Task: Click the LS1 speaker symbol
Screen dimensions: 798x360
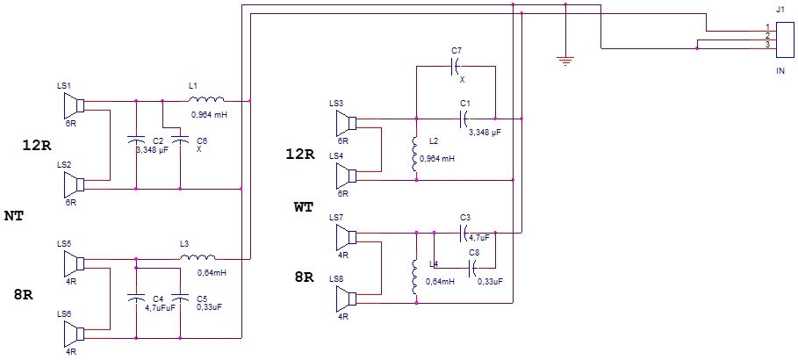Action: (x=74, y=106)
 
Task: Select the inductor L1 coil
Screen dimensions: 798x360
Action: (x=205, y=99)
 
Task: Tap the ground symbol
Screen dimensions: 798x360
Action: (x=564, y=61)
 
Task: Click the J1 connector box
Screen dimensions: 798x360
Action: (x=784, y=40)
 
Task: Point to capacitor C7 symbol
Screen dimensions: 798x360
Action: (x=456, y=66)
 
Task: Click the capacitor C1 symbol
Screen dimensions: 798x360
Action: (x=464, y=119)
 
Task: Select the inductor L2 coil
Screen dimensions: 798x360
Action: (x=416, y=154)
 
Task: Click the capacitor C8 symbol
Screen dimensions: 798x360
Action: (x=473, y=266)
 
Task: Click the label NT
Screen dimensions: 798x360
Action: (x=14, y=216)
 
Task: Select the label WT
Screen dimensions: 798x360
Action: (x=304, y=206)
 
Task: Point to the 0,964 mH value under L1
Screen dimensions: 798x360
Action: (x=209, y=115)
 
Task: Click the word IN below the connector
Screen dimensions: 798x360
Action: (x=780, y=72)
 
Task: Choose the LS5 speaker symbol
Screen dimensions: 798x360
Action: (x=74, y=263)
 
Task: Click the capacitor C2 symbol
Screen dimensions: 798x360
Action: (x=135, y=139)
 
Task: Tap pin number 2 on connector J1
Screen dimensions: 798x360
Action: (x=767, y=36)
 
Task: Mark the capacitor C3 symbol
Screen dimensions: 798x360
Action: (x=464, y=234)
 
